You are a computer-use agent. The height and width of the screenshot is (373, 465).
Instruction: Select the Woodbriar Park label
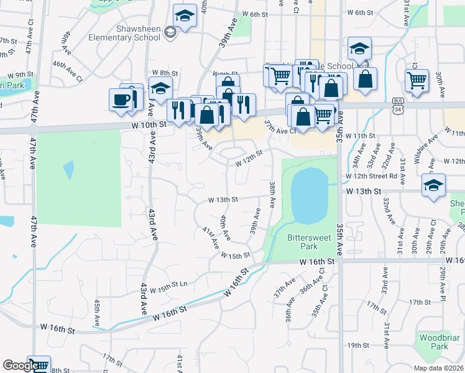pyautogui.click(x=434, y=341)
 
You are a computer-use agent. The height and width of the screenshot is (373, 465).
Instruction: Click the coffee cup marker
pyautogui.click(x=120, y=99)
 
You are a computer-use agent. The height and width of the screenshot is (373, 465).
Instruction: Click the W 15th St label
pyautogui.click(x=235, y=255)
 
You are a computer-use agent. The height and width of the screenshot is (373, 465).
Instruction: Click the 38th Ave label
pyautogui.click(x=272, y=195)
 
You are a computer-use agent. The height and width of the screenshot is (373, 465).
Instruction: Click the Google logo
pyautogui.click(x=20, y=366)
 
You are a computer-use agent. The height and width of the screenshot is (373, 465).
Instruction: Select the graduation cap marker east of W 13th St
pyautogui.click(x=433, y=185)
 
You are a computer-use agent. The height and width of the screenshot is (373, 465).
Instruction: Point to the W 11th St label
pyautogui.click(x=361, y=136)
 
